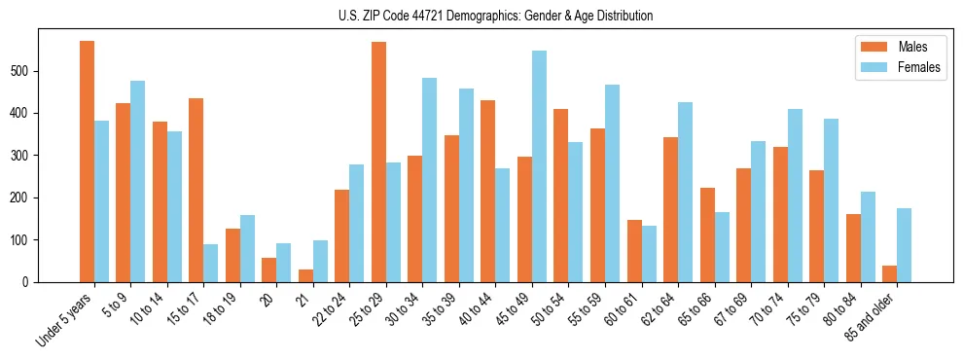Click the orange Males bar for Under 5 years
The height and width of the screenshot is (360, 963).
(x=87, y=162)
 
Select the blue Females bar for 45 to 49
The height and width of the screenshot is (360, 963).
(x=539, y=166)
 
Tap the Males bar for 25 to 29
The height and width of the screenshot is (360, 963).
(x=378, y=162)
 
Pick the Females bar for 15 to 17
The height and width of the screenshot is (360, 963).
(x=210, y=263)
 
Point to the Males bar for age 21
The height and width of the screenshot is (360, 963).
(x=305, y=275)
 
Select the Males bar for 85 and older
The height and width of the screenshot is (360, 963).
(x=889, y=273)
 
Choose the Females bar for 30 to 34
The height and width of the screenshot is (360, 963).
(x=429, y=180)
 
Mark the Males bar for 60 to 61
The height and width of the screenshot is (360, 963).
(x=634, y=251)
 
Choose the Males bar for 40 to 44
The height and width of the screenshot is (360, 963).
(x=488, y=191)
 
